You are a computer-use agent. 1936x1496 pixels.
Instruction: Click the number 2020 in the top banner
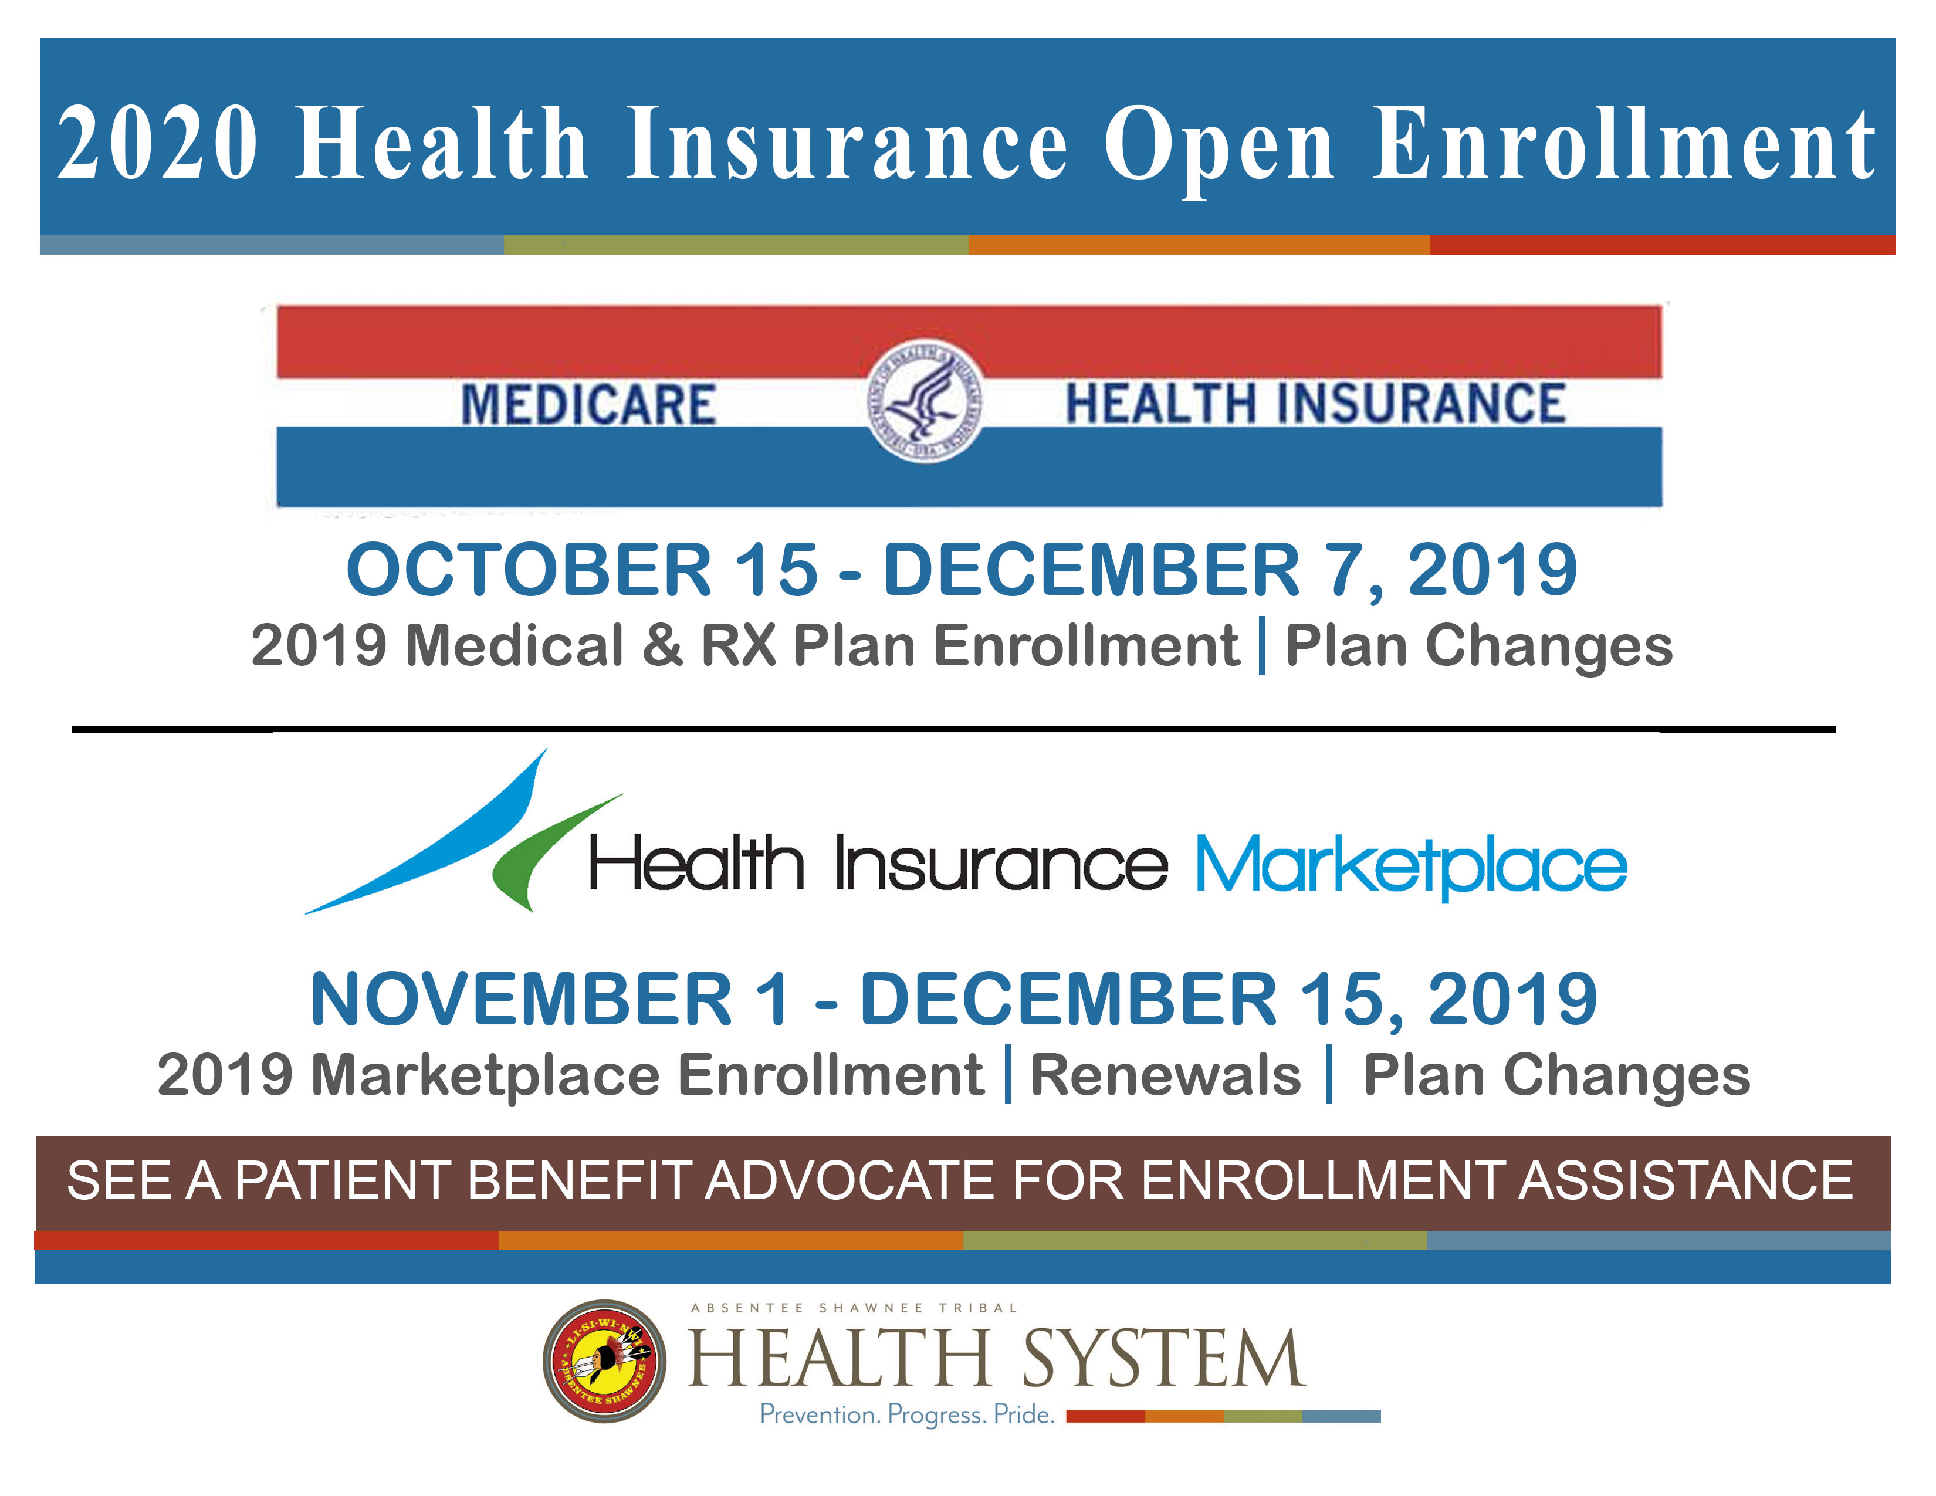pos(158,142)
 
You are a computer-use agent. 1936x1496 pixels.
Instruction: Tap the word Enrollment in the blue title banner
pos(1624,142)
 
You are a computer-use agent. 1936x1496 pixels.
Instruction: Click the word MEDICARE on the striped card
pos(588,405)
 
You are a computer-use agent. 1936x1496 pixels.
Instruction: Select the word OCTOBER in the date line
pos(529,569)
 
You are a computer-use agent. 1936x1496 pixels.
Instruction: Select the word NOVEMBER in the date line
pos(521,999)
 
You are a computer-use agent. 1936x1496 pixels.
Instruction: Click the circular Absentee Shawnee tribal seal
pos(604,1360)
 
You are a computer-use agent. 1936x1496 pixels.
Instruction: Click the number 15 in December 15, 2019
pos(1341,999)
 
